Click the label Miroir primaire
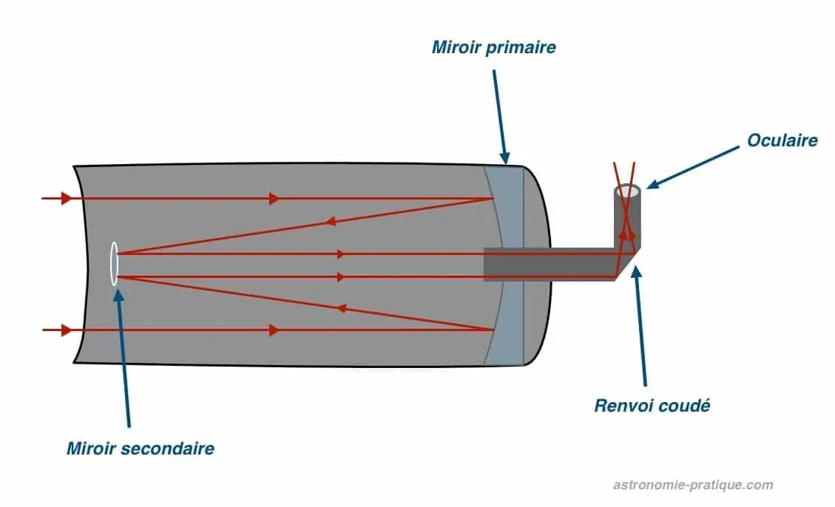[x=493, y=48]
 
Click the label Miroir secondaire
[x=141, y=448]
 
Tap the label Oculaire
[x=782, y=140]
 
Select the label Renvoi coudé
[x=652, y=405]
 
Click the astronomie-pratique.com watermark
[x=693, y=485]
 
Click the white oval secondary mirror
[x=114, y=264]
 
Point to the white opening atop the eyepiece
[x=628, y=191]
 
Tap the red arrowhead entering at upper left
[x=67, y=198]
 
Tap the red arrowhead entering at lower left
[x=67, y=330]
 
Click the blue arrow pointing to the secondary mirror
[x=124, y=355]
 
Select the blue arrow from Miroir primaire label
[x=499, y=111]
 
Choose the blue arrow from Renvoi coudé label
[x=640, y=325]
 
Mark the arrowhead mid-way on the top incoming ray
[x=274, y=198]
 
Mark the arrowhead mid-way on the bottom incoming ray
[x=274, y=330]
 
